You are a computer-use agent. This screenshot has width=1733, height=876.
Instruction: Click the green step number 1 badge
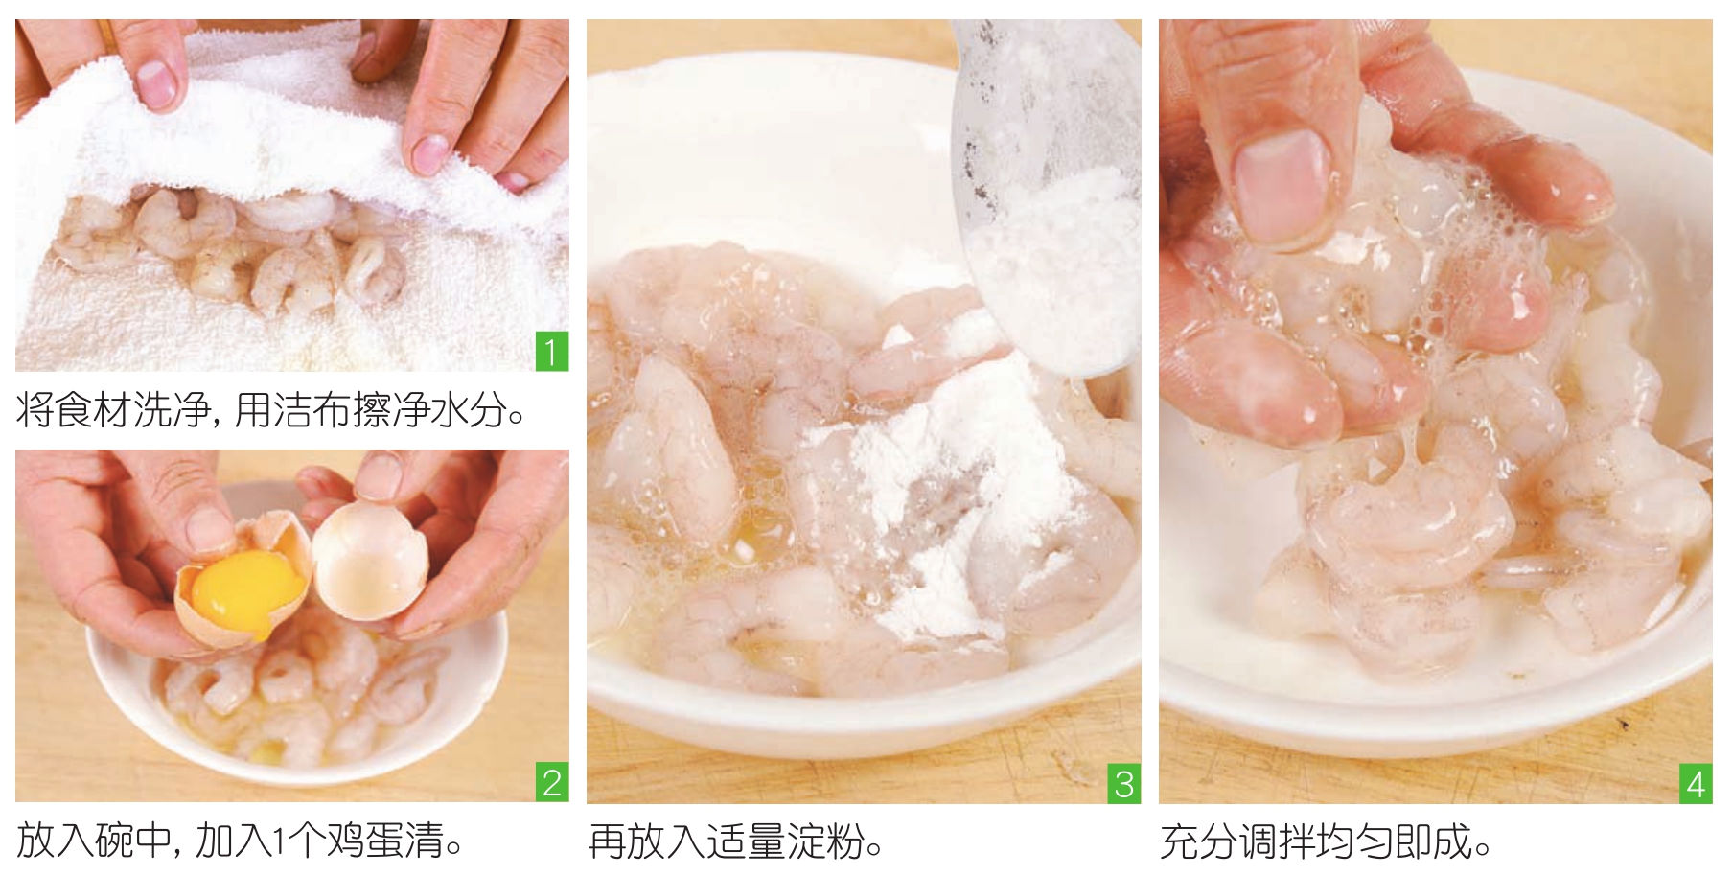[551, 352]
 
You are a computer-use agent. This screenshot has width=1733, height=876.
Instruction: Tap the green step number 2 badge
[551, 782]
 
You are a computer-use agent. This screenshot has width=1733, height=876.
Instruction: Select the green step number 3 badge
[1123, 783]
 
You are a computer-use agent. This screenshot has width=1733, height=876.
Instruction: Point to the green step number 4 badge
[1696, 783]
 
